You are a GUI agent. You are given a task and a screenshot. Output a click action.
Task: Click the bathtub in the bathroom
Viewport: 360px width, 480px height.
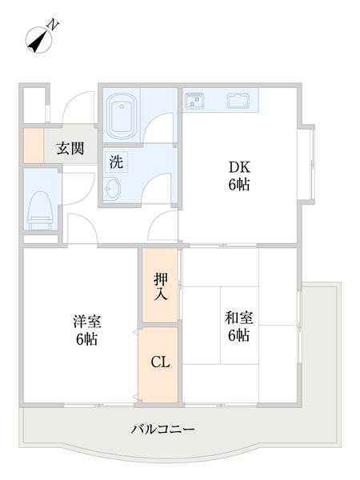click(x=125, y=115)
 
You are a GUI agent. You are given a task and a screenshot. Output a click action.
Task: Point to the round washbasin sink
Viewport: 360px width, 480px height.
click(x=113, y=189)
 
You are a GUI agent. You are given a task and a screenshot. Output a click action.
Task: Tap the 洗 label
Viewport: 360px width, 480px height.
click(x=116, y=161)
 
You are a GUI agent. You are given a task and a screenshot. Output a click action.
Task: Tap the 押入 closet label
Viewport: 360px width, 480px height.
click(x=161, y=286)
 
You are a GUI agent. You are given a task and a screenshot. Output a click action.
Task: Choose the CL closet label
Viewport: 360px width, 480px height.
click(x=160, y=362)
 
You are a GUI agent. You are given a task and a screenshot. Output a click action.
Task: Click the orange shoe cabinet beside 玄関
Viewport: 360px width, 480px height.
click(x=32, y=146)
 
